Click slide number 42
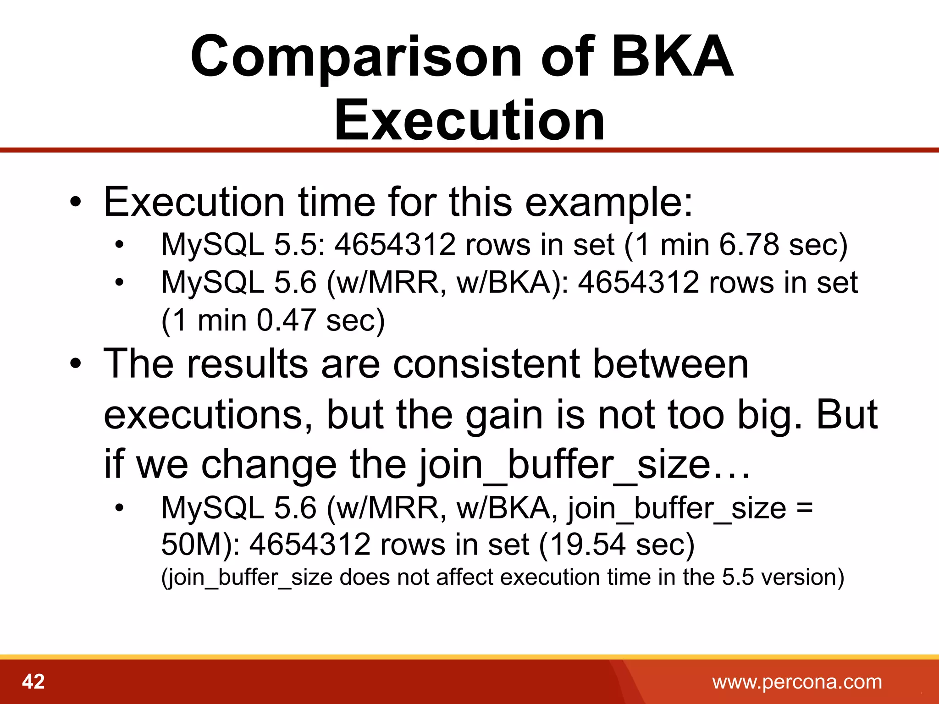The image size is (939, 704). tap(33, 682)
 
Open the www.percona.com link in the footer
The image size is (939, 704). tap(797, 682)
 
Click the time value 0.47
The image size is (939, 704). tap(286, 320)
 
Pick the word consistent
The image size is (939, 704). tap(487, 364)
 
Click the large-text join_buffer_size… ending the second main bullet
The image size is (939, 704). tap(584, 465)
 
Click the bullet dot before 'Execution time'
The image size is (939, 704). tap(75, 203)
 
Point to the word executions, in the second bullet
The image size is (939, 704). tap(209, 415)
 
